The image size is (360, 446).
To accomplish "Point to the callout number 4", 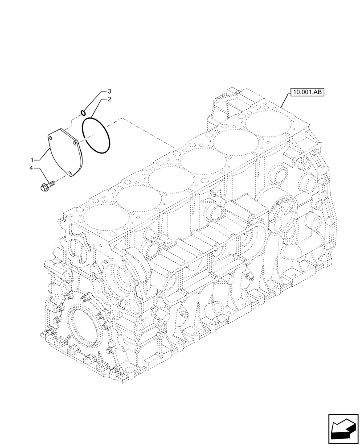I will [x=32, y=168].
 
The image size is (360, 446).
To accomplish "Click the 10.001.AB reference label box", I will [x=307, y=93].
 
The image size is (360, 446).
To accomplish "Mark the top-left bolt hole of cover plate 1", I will [x=51, y=135].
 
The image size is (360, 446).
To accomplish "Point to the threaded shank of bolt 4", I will [x=52, y=182].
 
